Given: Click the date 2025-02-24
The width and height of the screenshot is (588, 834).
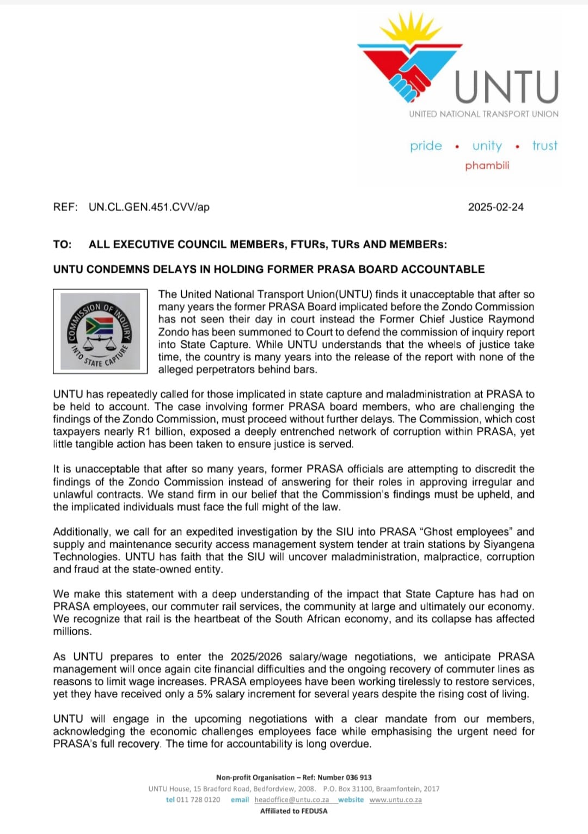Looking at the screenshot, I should click(495, 207).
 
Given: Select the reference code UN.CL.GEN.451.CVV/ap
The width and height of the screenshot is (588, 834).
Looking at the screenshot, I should click(149, 207).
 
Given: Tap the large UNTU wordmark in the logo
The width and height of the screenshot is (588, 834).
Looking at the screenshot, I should click(506, 87).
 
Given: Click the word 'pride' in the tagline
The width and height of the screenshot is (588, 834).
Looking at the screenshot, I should click(426, 146).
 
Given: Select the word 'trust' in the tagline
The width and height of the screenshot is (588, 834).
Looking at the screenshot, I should click(544, 146).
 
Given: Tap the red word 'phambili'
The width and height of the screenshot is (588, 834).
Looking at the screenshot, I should click(487, 165).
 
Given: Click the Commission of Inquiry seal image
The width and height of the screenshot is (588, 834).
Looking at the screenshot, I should click(100, 331).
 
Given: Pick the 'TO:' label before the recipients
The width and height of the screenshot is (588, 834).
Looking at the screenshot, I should click(62, 244).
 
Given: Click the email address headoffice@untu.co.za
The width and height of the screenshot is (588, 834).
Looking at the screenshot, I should click(291, 800).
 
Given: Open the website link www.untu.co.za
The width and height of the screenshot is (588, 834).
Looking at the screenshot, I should click(395, 800).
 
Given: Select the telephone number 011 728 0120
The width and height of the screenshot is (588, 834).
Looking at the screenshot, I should click(198, 800).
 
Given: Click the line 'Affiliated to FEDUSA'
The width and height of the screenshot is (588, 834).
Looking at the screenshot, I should click(294, 811).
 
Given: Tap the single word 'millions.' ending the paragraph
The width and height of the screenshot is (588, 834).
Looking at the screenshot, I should click(72, 631).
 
